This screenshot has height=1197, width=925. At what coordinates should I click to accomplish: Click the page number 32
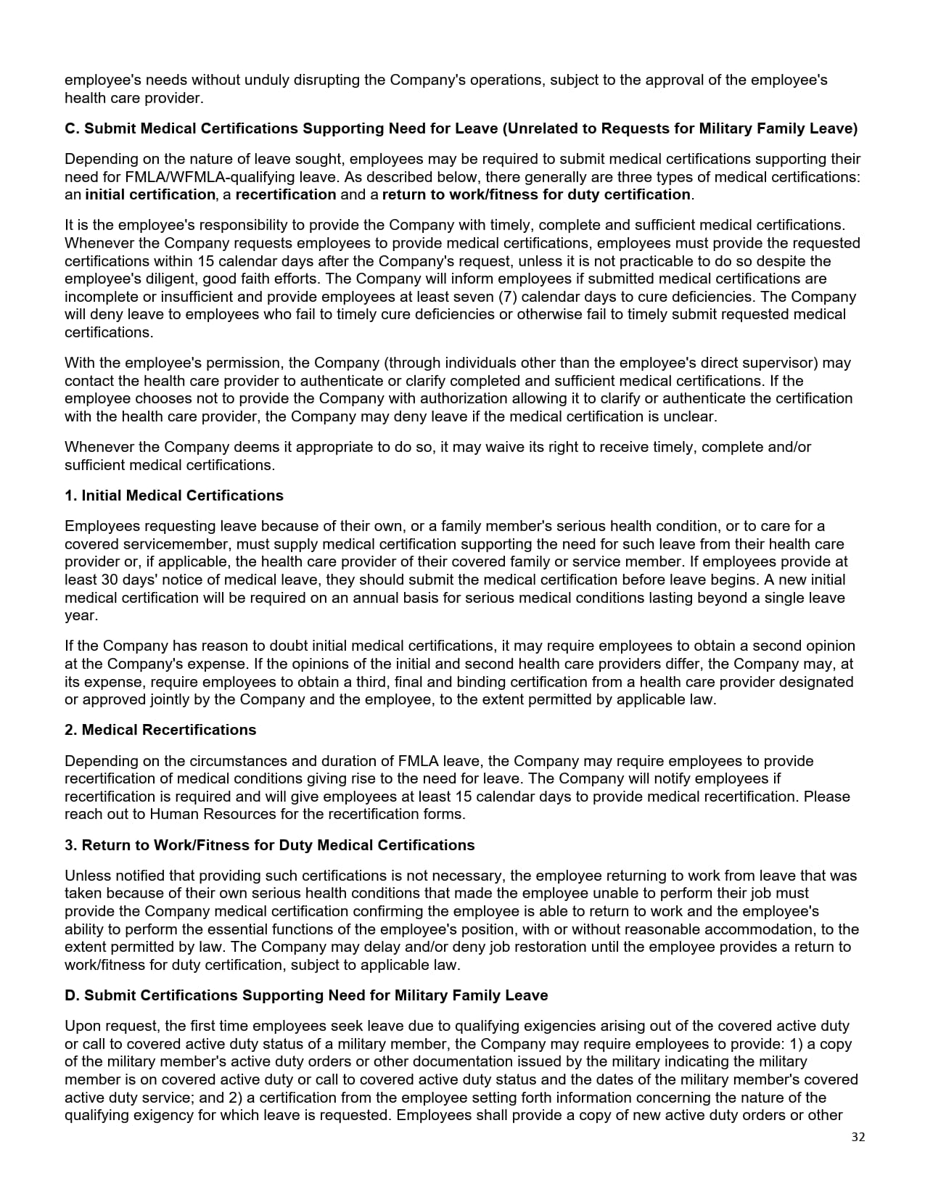[858, 1137]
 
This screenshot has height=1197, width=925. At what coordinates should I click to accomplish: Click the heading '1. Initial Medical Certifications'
[174, 495]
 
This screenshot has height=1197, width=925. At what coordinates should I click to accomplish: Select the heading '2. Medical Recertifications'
[160, 730]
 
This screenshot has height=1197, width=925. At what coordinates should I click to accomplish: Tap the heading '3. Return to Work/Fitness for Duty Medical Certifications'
[269, 845]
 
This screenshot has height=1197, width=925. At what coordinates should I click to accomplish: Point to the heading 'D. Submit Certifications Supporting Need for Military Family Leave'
[306, 995]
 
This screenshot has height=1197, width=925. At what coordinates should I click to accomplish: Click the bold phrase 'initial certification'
[150, 194]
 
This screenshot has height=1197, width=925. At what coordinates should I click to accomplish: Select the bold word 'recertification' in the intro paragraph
[286, 194]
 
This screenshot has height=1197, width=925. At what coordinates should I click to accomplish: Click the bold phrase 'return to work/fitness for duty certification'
[536, 194]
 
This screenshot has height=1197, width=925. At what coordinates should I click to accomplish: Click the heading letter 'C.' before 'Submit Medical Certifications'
[73, 128]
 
